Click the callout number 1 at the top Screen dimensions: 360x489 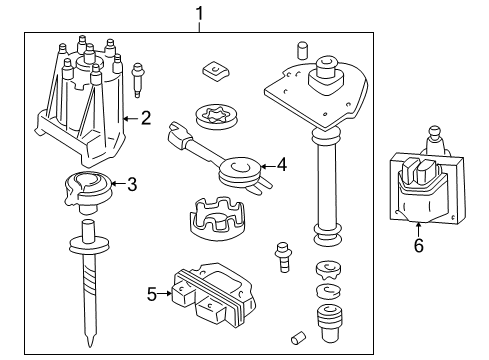(x=199, y=13)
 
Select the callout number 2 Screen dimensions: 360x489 (x=146, y=119)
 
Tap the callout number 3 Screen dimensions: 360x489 (x=130, y=183)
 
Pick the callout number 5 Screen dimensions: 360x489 (x=152, y=294)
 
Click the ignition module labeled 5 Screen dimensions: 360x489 (x=207, y=297)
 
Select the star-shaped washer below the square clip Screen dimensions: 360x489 (x=214, y=117)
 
